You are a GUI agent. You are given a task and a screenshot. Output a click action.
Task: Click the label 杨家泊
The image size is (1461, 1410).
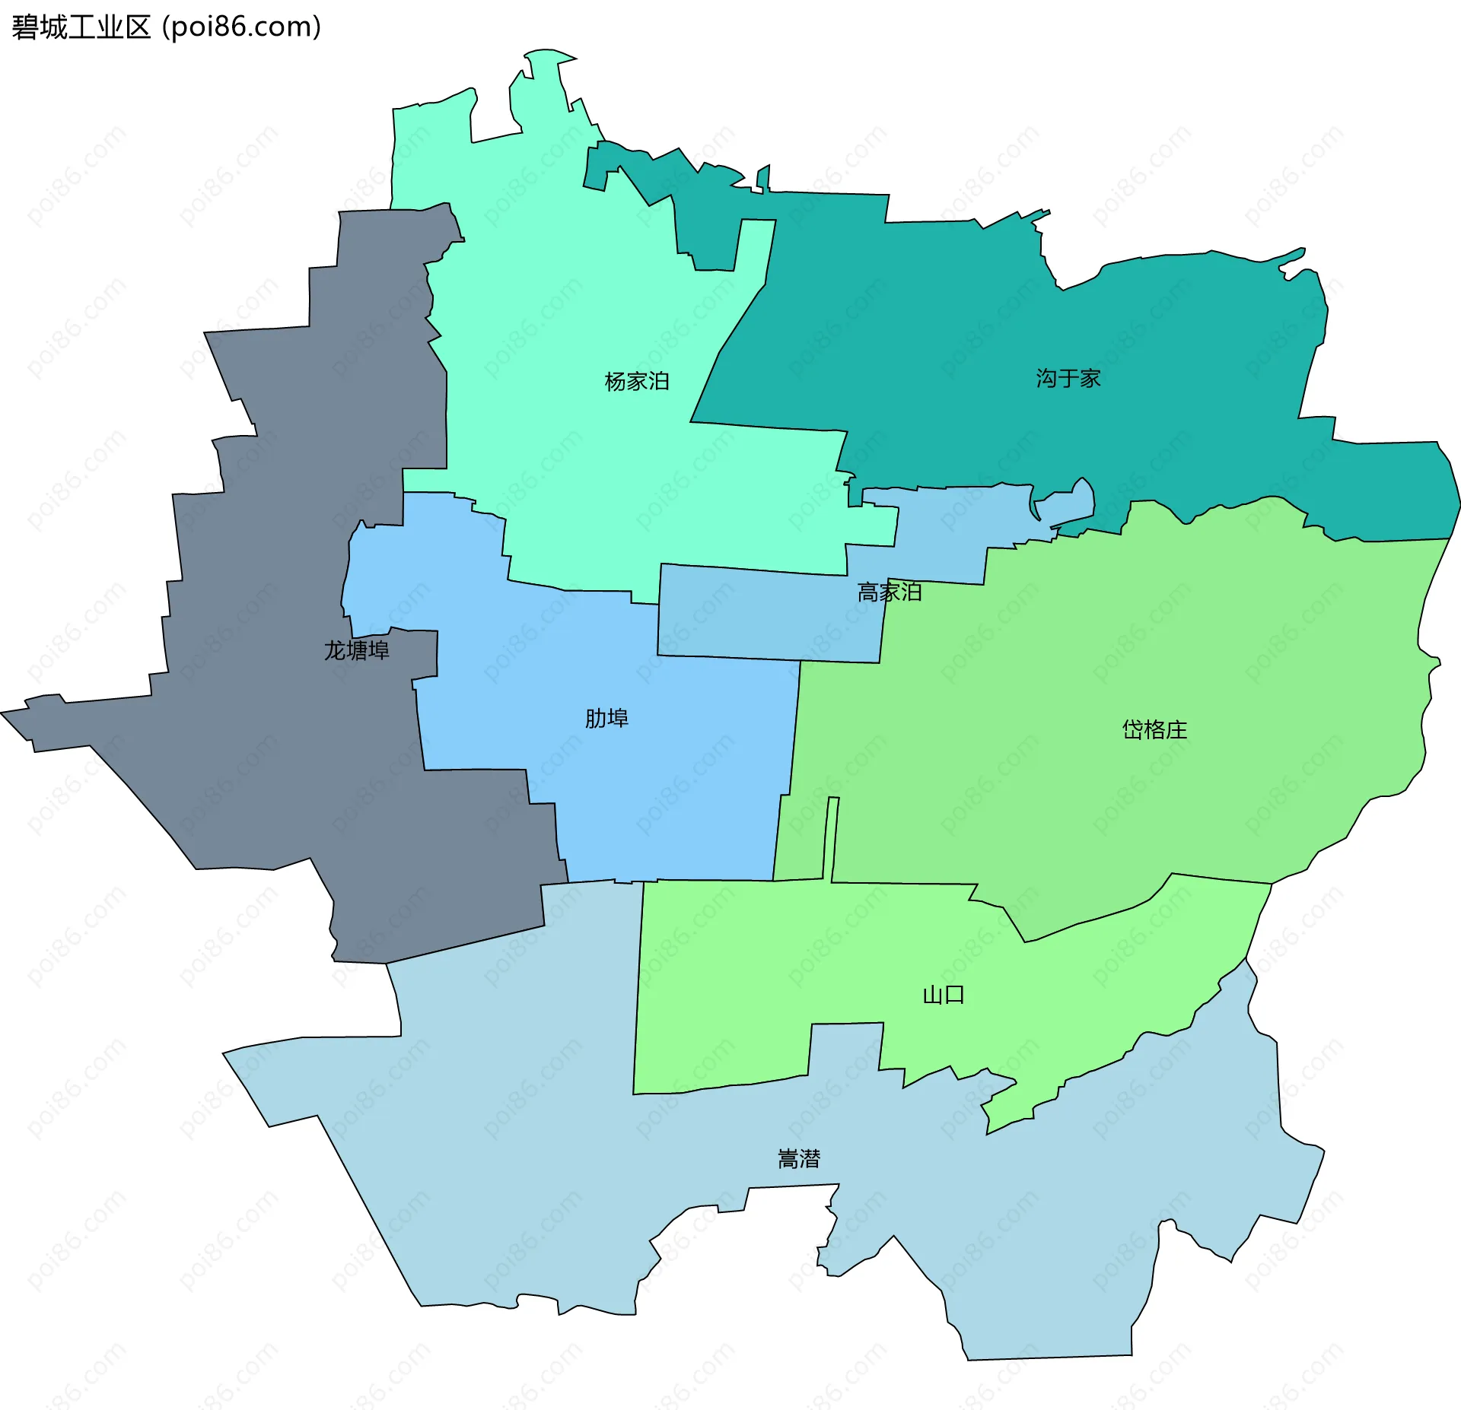coord(637,381)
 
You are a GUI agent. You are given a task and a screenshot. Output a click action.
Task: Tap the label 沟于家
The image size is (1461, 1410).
coord(1068,378)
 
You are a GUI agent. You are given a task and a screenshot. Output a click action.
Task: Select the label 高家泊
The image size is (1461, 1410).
coord(889,592)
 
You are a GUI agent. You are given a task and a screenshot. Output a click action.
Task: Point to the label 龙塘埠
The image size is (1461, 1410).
coord(356,650)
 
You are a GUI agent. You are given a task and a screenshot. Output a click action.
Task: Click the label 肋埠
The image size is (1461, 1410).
coord(606,718)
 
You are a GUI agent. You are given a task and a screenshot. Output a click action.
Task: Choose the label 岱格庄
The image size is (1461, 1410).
coord(1154,730)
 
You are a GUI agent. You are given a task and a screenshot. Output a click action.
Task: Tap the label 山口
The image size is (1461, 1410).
coord(943,995)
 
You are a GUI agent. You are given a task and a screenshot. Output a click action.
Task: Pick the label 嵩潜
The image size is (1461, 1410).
coord(798,1159)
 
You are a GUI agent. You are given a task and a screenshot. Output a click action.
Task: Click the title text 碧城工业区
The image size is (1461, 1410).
coord(81,27)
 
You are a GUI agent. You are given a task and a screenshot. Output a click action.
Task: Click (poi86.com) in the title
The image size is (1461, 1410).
coord(241,27)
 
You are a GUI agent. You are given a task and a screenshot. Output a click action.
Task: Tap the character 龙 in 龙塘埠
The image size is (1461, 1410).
coord(335,650)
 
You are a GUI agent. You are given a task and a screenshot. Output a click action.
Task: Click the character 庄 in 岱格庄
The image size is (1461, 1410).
coord(1176,730)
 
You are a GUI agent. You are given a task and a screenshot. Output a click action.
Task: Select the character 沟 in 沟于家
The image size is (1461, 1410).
coord(1046,378)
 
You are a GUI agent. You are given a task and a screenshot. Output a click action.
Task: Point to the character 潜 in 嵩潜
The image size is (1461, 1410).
coord(810,1159)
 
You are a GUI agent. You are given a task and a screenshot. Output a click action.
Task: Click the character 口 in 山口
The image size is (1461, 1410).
coord(954,995)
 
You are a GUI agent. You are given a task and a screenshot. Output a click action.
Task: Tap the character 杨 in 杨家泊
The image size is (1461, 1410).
coord(616,381)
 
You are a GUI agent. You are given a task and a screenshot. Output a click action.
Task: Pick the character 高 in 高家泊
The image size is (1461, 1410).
coord(867,592)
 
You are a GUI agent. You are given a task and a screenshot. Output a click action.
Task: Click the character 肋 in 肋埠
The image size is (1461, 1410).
coord(595,718)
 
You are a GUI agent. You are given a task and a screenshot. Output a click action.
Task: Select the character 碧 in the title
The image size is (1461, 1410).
coord(24,27)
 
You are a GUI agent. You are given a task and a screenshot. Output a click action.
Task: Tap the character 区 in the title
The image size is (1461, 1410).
coord(138,27)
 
